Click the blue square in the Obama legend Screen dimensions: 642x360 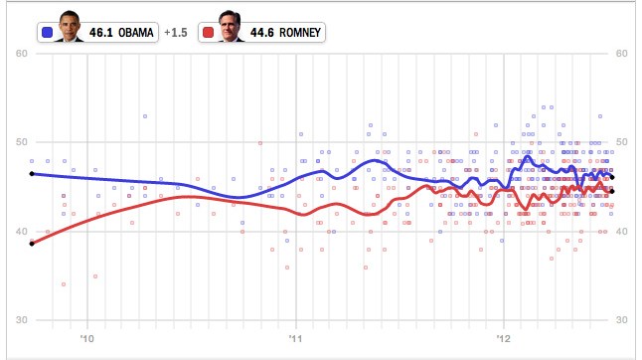48,33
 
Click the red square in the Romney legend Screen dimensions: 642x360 209,33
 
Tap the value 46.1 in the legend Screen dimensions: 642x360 101,33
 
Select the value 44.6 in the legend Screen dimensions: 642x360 262,33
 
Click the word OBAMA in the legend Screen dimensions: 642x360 136,33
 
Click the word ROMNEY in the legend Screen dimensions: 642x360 300,33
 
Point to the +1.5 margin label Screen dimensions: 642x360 176,33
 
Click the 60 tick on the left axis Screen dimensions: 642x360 22,54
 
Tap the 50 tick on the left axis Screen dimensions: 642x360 22,142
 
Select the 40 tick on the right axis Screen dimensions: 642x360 621,232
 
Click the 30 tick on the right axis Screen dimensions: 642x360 621,320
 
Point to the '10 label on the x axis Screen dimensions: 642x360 86,339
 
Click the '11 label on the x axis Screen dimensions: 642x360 295,339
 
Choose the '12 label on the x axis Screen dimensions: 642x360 504,339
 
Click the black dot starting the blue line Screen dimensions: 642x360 32,174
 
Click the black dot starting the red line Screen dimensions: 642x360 32,244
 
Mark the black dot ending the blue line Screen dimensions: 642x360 612,177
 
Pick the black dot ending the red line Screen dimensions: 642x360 612,191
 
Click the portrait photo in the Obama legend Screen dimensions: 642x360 70,26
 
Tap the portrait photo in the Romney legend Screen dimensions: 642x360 231,26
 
